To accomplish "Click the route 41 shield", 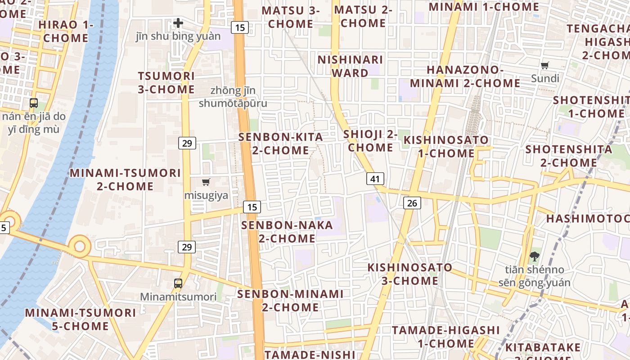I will (x=375, y=179).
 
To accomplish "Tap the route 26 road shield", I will (x=412, y=203).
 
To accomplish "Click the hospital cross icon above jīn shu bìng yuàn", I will (x=178, y=22).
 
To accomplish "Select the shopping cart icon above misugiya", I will (x=206, y=182).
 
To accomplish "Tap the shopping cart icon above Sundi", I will (x=545, y=65).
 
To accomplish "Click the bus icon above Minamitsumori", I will (x=178, y=283).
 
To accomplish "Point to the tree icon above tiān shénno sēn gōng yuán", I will (x=534, y=256).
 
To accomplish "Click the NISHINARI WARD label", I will (x=350, y=66).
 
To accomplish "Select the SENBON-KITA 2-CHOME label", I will (x=281, y=144).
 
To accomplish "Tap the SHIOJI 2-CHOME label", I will (x=370, y=140).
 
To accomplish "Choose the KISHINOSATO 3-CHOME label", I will (x=410, y=274).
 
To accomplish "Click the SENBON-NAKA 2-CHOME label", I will (x=287, y=231).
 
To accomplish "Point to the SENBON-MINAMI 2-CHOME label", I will (x=290, y=301).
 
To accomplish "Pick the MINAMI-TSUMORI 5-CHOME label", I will (x=81, y=319).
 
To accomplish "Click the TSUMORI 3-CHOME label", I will (x=166, y=82).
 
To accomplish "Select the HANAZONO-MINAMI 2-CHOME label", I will (x=465, y=76).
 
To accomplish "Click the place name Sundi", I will (x=545, y=79).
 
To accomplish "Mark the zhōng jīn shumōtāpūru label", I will (x=233, y=97).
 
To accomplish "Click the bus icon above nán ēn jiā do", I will (x=34, y=103).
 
